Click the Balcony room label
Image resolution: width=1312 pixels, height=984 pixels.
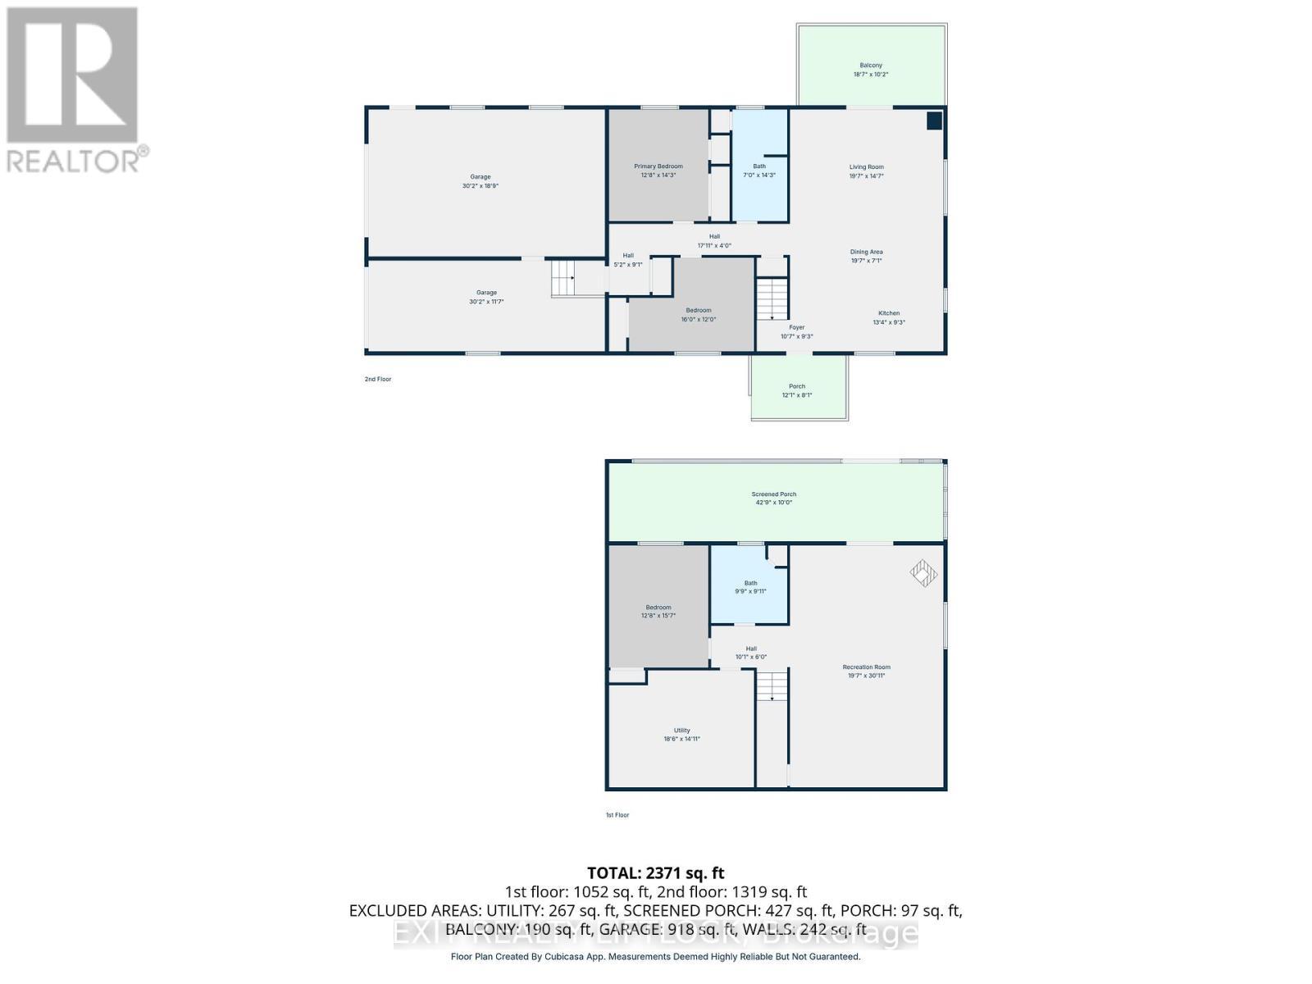pos(871,70)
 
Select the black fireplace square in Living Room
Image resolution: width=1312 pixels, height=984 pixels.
pos(934,121)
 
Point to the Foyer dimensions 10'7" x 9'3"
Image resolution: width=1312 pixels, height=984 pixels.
pos(796,336)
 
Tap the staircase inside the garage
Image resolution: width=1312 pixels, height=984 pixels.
pos(563,278)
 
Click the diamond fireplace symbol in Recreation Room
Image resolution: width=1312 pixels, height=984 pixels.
pos(923,573)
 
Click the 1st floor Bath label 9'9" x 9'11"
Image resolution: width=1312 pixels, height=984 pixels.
pos(750,587)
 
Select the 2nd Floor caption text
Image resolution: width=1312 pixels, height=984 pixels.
pos(378,380)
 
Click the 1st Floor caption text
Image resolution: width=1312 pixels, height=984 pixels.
pos(617,815)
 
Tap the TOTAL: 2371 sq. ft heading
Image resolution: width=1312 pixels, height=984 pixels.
pos(655,873)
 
